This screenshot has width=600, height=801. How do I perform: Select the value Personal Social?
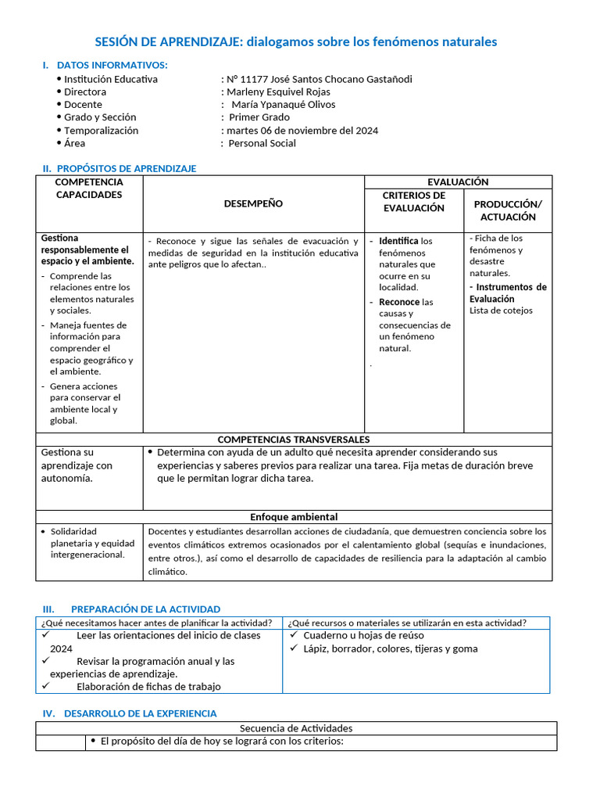tap(262, 143)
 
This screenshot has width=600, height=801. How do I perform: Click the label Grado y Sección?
tap(100, 117)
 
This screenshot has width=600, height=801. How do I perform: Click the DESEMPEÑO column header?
tap(253, 203)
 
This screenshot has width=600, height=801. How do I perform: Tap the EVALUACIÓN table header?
tap(458, 181)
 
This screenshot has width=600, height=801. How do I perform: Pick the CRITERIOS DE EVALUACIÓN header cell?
tap(413, 202)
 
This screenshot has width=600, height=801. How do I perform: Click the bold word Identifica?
tap(398, 241)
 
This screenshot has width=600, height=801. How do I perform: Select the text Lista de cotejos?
tap(501, 311)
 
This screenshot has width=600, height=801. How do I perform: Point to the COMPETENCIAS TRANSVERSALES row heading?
tap(293, 440)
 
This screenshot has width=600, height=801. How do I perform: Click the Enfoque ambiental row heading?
tap(293, 516)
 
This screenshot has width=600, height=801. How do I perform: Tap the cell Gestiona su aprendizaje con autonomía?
tap(77, 465)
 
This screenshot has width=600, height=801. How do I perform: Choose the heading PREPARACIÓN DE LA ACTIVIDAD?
tap(145, 609)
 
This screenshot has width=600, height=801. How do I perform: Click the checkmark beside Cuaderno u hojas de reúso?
tap(294, 636)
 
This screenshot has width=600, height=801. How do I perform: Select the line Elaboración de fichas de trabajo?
tap(148, 687)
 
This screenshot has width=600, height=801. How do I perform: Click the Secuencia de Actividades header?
tap(295, 728)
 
